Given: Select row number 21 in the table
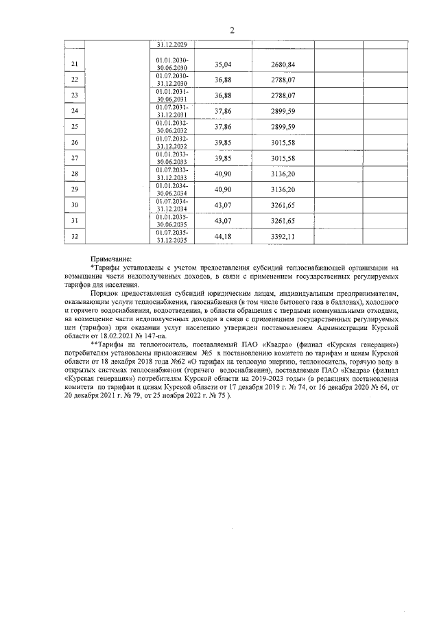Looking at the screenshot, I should (75, 65).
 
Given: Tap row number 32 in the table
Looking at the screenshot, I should (75, 237).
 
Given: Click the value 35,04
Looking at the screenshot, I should (224, 65).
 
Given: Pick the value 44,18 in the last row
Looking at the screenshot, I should (224, 237).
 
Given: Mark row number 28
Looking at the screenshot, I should (75, 174).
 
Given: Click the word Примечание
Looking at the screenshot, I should (110, 259).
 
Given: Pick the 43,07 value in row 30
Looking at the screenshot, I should (224, 205).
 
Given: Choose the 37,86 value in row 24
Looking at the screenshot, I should (224, 111).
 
